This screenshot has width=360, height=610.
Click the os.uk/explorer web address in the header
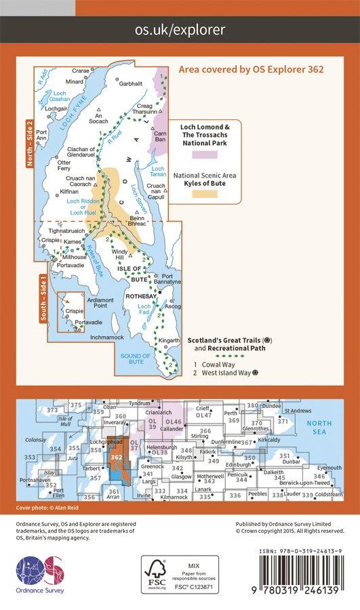[180, 30]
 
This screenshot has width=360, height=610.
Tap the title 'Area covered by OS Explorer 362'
[251, 69]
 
